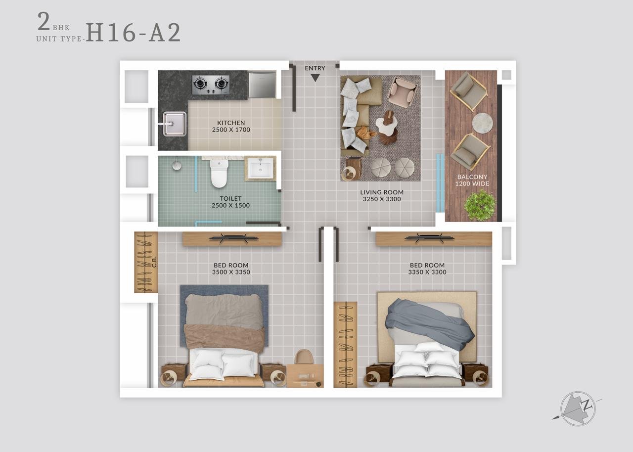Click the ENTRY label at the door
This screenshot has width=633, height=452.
pyautogui.click(x=315, y=68)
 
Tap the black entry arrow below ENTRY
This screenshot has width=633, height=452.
pyautogui.click(x=315, y=78)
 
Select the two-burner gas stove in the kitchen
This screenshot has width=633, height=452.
pyautogui.click(x=211, y=84)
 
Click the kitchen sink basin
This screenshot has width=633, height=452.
pyautogui.click(x=175, y=124)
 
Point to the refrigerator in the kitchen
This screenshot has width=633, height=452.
pyautogui.click(x=262, y=85)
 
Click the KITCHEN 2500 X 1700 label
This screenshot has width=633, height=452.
pyautogui.click(x=231, y=126)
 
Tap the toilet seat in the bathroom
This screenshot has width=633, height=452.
pyautogui.click(x=219, y=174)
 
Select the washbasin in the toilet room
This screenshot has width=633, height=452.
pyautogui.click(x=260, y=168)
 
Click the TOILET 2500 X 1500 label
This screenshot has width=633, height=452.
pyautogui.click(x=230, y=202)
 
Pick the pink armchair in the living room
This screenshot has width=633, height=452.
pyautogui.click(x=402, y=90)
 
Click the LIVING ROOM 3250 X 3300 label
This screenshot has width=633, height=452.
pyautogui.click(x=382, y=195)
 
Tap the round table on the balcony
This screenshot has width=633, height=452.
pyautogui.click(x=483, y=123)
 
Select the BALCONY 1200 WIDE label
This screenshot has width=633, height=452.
pyautogui.click(x=472, y=180)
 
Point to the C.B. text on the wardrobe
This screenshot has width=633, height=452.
pyautogui.click(x=154, y=262)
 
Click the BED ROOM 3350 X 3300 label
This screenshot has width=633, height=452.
pyautogui.click(x=427, y=269)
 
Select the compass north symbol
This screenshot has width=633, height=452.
pyautogui.click(x=578, y=408)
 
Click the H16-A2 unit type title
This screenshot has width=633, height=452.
pyautogui.click(x=133, y=33)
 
